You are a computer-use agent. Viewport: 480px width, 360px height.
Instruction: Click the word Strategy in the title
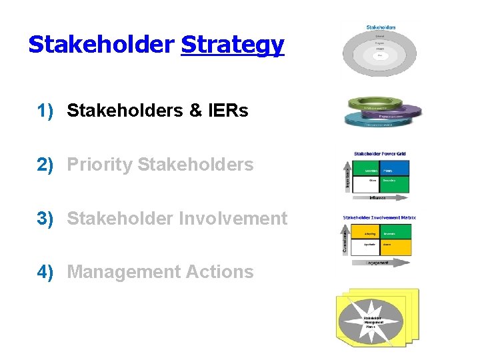pos(232,45)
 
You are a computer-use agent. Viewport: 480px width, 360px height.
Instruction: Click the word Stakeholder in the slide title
pos(101,44)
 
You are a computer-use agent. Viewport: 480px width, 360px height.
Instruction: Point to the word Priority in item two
pos(100,165)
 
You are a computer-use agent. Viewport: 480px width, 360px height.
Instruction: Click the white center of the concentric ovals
pos(379,55)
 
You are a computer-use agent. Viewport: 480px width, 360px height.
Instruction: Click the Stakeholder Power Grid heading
pos(379,153)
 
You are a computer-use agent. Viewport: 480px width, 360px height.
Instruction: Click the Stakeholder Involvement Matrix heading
pos(379,217)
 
